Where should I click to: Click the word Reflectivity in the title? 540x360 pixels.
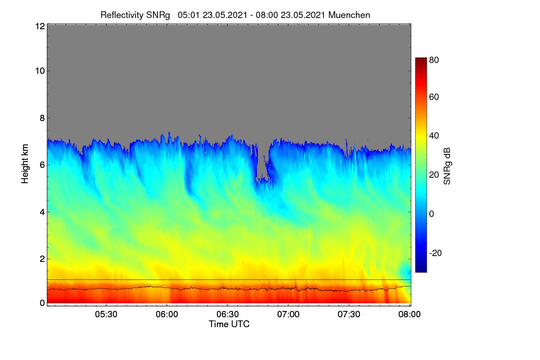122,15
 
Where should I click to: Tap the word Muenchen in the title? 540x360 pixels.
349,15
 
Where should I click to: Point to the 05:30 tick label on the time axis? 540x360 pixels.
106,315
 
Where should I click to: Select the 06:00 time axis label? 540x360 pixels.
167,315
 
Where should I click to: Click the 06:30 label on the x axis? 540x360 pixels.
228,315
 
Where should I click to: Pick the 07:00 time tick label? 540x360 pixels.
288,315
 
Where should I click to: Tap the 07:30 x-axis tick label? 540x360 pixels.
349,315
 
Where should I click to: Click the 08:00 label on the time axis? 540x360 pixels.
409,315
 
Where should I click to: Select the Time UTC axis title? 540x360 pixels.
229,324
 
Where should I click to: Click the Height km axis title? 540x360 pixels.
25,164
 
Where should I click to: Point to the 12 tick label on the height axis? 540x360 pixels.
40,26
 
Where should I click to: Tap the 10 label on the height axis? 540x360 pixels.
40,71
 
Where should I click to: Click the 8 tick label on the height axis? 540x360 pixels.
42,118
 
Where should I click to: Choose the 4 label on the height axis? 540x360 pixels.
42,212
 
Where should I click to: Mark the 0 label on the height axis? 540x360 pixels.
42,303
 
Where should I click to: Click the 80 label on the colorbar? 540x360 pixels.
434,60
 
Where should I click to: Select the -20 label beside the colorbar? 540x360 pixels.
436,253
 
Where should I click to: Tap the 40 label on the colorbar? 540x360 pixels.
434,136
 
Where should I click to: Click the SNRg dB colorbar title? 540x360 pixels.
447,166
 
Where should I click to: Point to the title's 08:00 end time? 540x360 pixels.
267,15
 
